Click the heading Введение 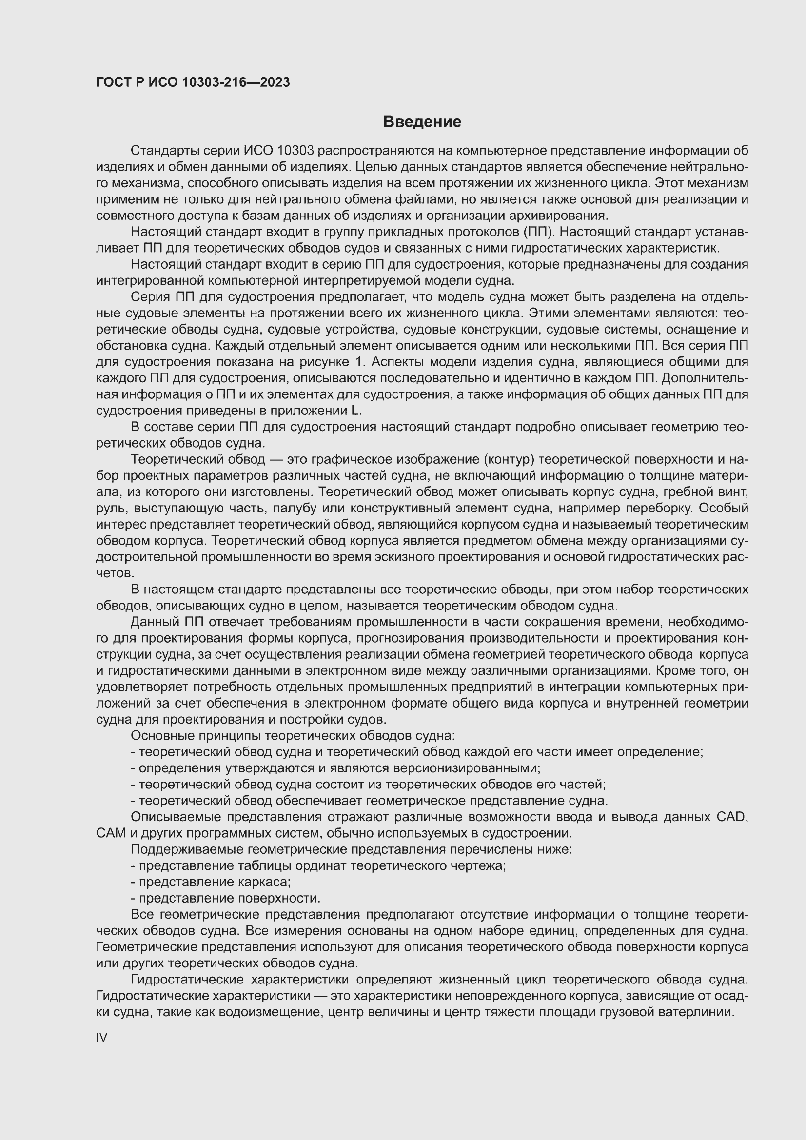[422, 121]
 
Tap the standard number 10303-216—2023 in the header [236, 82]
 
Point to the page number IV [102, 1037]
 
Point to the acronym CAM [111, 833]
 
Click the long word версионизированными [466, 768]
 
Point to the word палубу [292, 508]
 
